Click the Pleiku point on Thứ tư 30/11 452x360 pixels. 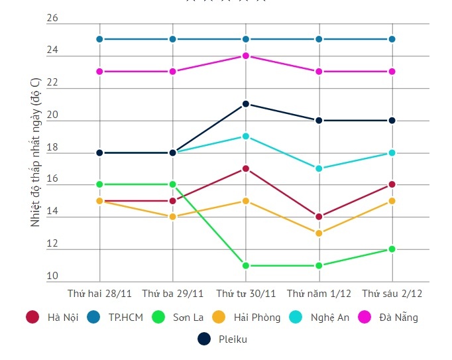tap(246, 104)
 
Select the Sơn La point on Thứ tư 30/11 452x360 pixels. tap(246, 266)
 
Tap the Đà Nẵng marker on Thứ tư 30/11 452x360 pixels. tap(246, 56)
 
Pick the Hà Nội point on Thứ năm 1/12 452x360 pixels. tap(319, 217)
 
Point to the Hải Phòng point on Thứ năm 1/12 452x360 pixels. tap(319, 233)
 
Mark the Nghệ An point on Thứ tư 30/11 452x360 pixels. tap(246, 137)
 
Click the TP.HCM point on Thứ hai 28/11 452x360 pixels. tap(99, 39)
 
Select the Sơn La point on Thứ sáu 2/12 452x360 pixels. tap(392, 249)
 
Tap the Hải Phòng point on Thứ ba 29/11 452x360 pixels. tap(172, 217)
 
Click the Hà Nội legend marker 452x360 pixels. tap(32, 317)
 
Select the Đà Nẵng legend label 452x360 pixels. tap(398, 317)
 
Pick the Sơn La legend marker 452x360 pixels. tap(158, 317)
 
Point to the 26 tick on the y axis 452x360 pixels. tap(52, 19)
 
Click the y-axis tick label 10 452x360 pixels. tap(52, 276)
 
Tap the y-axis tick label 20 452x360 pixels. tap(52, 115)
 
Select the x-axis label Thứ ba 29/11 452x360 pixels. tap(172, 292)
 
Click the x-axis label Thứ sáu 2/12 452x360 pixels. tap(392, 292)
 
